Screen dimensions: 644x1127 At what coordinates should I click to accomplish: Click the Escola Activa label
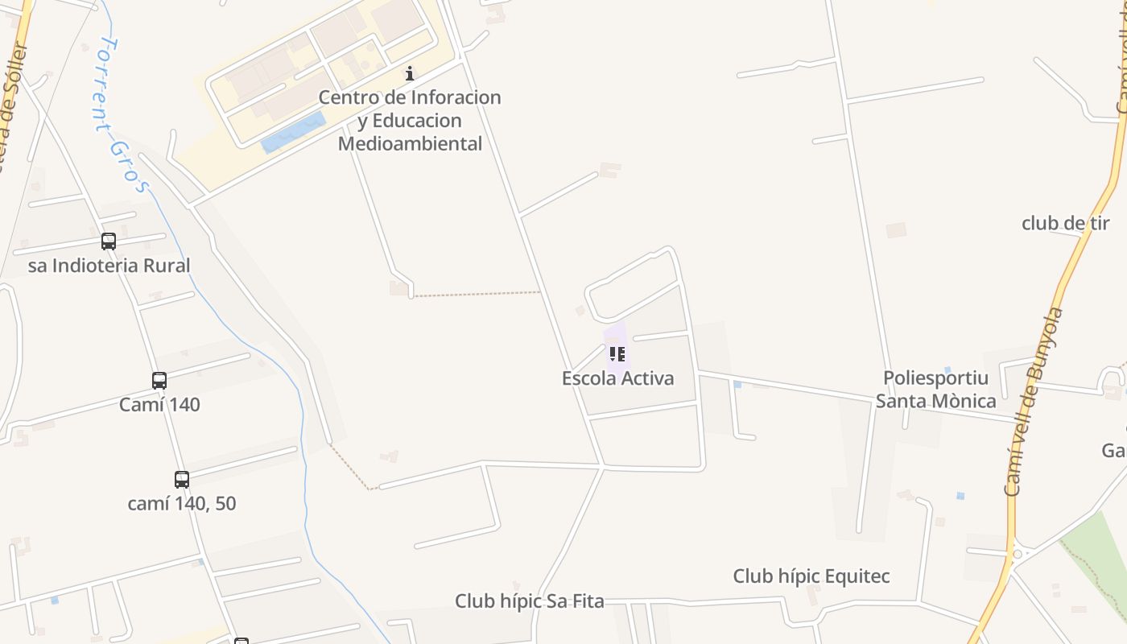tap(617, 378)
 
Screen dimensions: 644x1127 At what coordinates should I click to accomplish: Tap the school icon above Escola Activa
tap(617, 354)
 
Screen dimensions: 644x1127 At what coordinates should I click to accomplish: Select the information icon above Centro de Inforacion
tap(410, 73)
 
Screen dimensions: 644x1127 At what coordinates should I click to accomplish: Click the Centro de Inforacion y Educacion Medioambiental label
tap(410, 121)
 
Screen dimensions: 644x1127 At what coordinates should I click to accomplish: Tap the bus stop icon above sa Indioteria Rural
tap(109, 241)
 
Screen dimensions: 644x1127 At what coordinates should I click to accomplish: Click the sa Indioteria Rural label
tap(109, 266)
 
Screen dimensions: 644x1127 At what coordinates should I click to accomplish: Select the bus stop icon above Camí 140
tap(159, 380)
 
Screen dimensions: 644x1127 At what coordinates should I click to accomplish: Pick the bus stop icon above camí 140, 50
tap(182, 479)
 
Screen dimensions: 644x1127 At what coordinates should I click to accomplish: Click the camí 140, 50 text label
tap(182, 504)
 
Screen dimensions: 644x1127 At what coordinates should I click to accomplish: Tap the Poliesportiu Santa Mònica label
tap(935, 390)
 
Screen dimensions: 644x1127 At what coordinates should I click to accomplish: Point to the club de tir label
tap(1065, 224)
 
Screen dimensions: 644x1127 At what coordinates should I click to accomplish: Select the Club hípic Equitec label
tap(811, 576)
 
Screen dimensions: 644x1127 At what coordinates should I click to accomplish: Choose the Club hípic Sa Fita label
tap(529, 601)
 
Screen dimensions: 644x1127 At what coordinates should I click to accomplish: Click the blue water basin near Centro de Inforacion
tap(293, 133)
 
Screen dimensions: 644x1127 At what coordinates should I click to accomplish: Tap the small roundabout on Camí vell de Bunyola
tap(1018, 554)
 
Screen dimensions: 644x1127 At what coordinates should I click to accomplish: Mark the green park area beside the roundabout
tap(1099, 547)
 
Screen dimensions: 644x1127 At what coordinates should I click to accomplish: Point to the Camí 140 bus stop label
tap(159, 405)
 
